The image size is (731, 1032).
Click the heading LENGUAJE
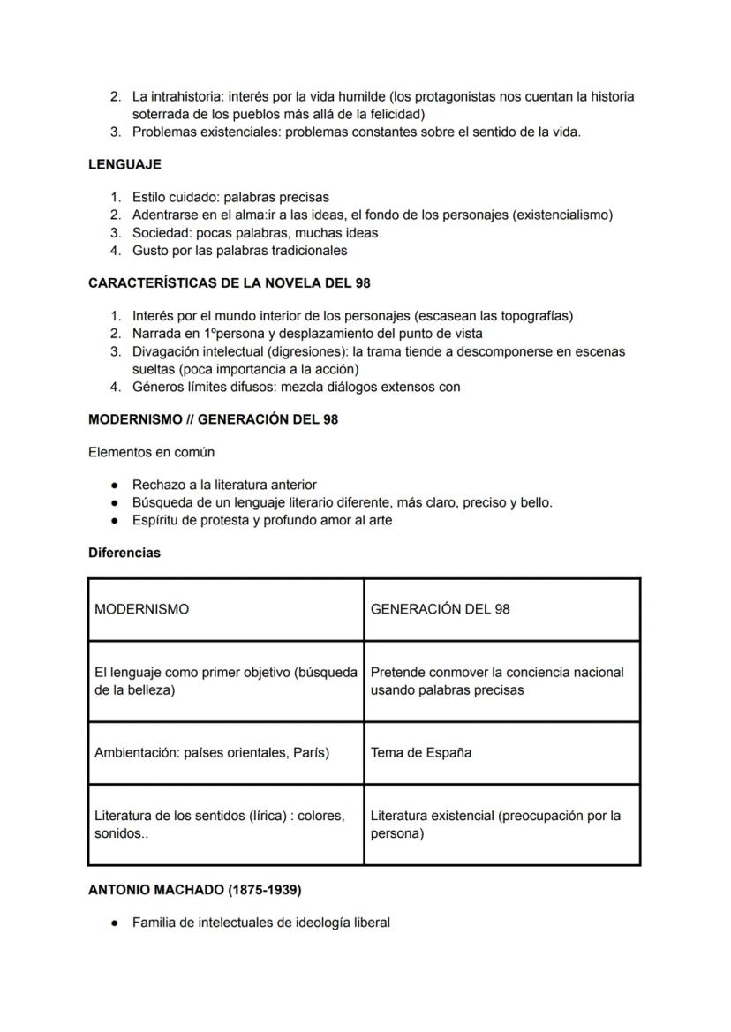(124, 164)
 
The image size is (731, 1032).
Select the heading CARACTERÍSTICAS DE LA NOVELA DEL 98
(229, 283)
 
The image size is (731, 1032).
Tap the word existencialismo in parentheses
(561, 215)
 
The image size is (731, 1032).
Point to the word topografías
(534, 316)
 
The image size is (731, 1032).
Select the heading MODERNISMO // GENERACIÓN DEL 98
(213, 419)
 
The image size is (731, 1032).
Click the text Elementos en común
(151, 452)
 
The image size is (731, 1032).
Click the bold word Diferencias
(124, 553)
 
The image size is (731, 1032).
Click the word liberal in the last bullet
(369, 923)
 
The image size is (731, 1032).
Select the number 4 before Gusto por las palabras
(115, 251)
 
